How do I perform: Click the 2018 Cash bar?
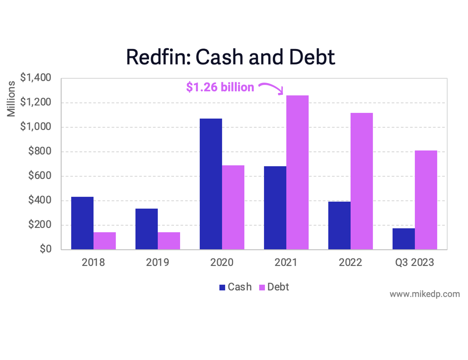coord(82,223)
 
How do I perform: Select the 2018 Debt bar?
coord(104,241)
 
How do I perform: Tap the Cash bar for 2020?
coord(211,184)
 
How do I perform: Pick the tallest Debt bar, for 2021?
coord(297,172)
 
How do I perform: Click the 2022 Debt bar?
coord(361,181)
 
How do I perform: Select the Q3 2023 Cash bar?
coord(404,239)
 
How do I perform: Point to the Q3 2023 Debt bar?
coord(426,200)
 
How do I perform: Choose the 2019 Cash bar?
coord(146,229)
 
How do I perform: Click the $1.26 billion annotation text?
coord(220,87)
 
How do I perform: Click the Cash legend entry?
coord(236,287)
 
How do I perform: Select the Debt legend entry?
coord(274,287)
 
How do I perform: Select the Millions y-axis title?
coord(11,99)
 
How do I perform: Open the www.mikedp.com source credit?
coord(425,294)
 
